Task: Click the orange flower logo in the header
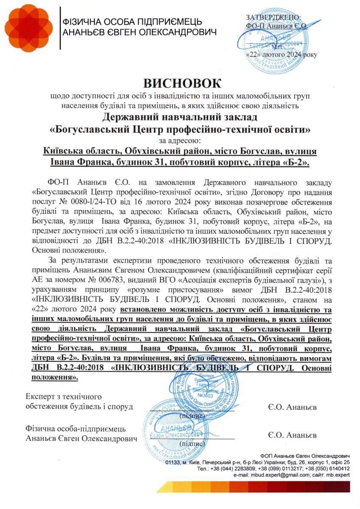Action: pos(28,28)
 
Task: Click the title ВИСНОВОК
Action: pos(182,83)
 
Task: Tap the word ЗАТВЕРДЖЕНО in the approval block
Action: pos(273,17)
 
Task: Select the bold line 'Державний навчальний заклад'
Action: pos(180,117)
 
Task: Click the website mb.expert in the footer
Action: pos(338,475)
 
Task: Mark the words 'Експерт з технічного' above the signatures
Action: pos(64,397)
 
